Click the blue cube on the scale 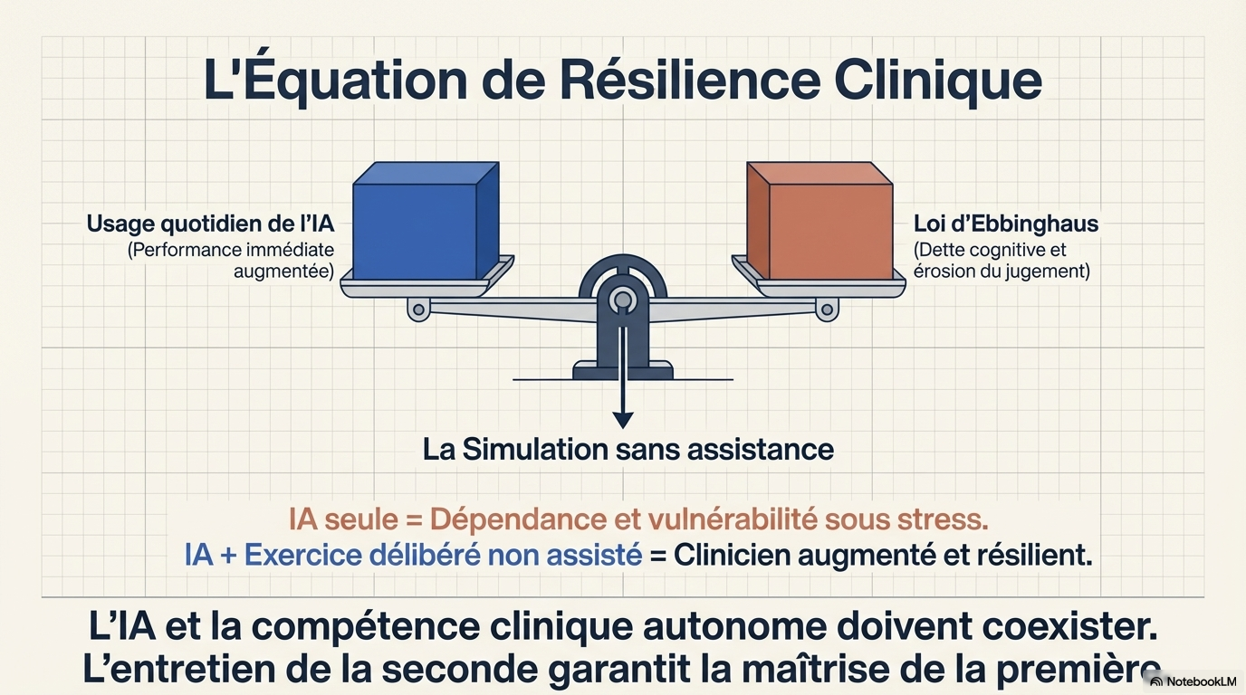(x=427, y=221)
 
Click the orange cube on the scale (x=819, y=221)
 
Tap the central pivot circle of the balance (x=622, y=300)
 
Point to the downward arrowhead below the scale (x=622, y=420)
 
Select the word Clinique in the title (x=938, y=81)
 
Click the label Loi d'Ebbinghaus (x=1006, y=224)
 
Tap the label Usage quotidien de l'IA (x=210, y=224)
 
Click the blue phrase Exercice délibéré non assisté (x=443, y=555)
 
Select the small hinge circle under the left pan (x=419, y=309)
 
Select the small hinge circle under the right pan (x=827, y=309)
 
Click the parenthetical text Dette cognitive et (x=990, y=250)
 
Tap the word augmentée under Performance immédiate (x=283, y=271)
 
